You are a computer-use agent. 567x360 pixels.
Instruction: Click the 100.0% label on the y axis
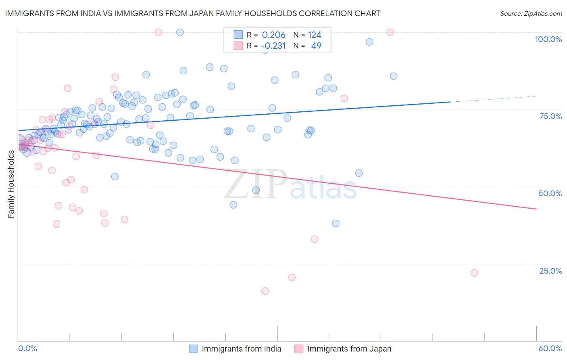coord(548,39)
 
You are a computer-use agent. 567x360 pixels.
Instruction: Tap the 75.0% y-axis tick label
coord(550,116)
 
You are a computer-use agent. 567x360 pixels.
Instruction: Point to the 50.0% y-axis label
coord(550,193)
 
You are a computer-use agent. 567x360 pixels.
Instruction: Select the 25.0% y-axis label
coord(550,271)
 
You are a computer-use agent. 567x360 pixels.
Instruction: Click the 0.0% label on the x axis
coord(27,349)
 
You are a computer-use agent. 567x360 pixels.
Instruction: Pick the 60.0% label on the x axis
coord(550,349)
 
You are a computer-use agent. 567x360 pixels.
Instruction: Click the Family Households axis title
coord(11,184)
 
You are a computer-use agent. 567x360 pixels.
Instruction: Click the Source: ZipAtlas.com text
coord(531,14)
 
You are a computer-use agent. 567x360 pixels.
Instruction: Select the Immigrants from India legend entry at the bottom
coord(241,349)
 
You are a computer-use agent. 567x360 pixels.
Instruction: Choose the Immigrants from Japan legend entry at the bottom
coord(349,349)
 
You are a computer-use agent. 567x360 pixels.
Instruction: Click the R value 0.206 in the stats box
coord(273,35)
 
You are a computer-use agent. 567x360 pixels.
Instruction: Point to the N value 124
coord(315,35)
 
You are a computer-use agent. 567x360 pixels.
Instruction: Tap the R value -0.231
coord(273,46)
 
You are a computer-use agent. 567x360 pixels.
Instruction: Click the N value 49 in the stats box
coord(316,46)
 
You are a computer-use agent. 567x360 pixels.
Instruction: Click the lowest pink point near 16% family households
coord(265,291)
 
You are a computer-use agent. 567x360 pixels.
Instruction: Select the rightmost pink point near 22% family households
coord(474,273)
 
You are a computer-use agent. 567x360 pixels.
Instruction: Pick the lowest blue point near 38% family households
coord(336,224)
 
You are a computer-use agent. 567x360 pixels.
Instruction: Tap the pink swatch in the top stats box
coord(238,46)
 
